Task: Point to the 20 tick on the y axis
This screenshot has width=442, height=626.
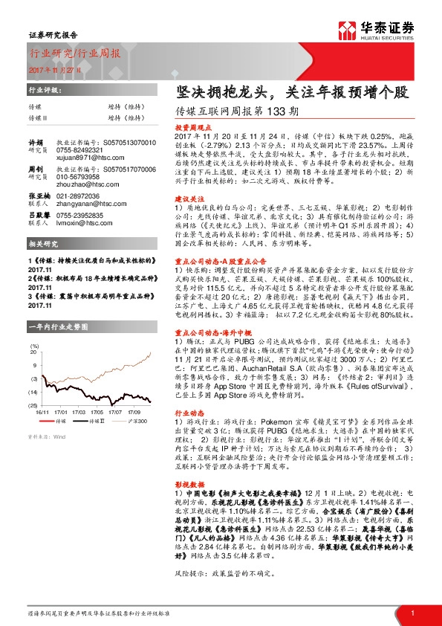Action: coord(34,351)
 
